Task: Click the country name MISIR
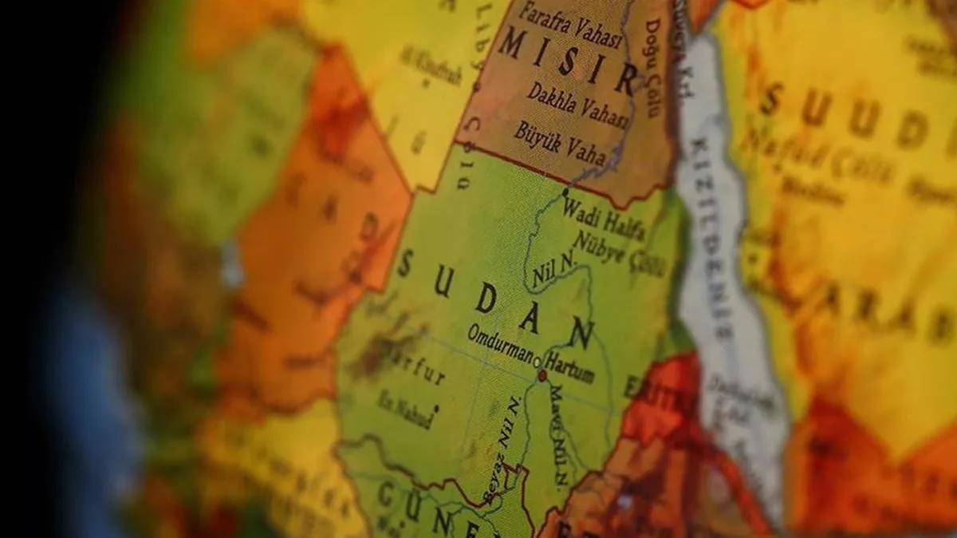567,59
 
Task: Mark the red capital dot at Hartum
542,375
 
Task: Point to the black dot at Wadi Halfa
565,192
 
